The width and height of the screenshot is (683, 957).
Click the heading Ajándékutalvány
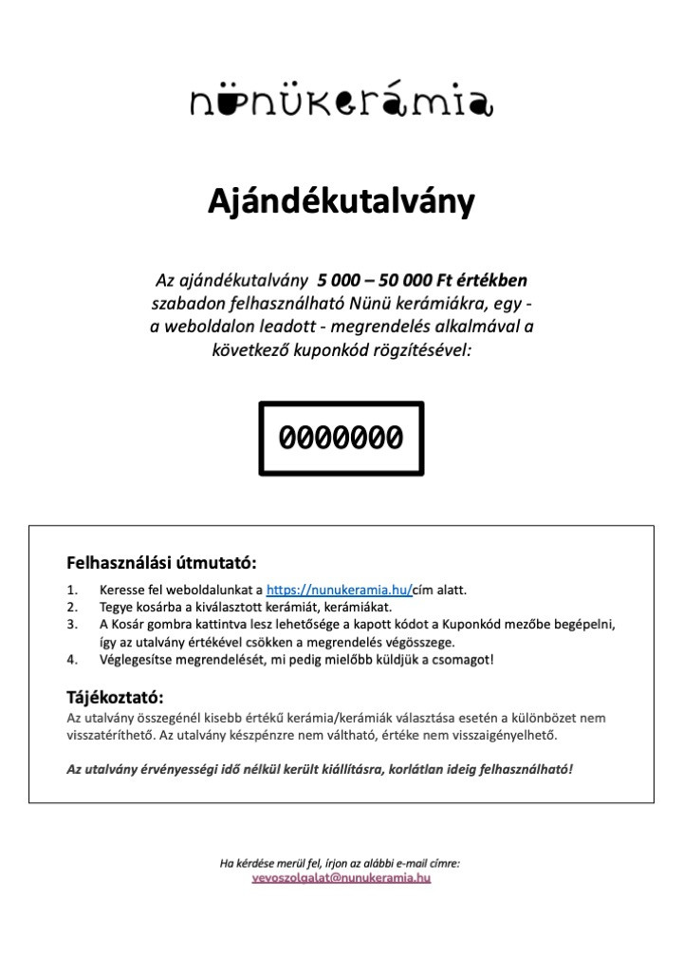click(x=341, y=203)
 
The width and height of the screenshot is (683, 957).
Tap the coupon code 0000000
click(x=341, y=438)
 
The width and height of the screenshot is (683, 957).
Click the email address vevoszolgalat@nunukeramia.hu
click(x=341, y=878)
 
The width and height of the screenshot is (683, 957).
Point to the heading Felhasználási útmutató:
click(x=161, y=562)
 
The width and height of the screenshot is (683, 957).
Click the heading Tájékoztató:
click(x=116, y=699)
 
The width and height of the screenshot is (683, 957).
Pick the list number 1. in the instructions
click(x=73, y=590)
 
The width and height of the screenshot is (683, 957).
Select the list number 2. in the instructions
click(x=73, y=607)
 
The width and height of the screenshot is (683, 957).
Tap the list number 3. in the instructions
click(x=73, y=624)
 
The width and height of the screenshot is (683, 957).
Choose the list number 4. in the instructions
click(x=73, y=659)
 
